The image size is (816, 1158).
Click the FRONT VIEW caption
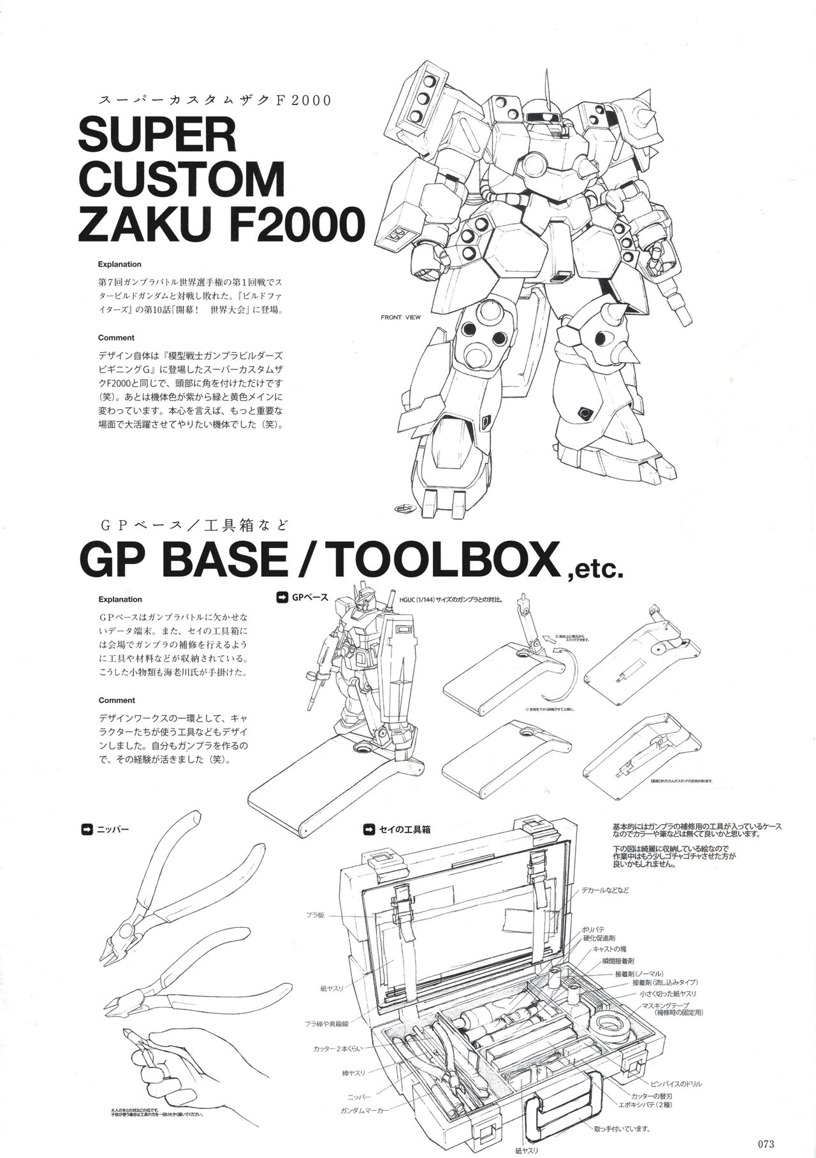click(x=400, y=317)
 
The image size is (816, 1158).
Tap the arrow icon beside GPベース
click(x=280, y=597)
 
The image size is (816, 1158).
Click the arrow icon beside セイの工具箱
click(x=368, y=830)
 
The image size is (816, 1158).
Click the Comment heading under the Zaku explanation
click(x=116, y=338)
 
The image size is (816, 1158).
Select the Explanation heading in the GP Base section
click(x=120, y=599)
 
